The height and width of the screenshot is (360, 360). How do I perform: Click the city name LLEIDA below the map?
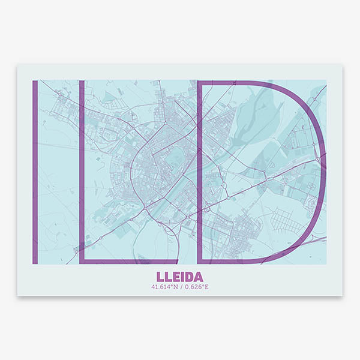click(x=179, y=277)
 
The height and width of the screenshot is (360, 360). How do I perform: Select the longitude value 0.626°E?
click(x=195, y=287)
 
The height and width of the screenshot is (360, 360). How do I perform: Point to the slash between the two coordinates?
click(x=180, y=287)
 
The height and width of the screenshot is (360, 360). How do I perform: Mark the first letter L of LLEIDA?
click(x=160, y=277)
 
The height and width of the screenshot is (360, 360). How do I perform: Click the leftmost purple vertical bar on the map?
click(x=35, y=171)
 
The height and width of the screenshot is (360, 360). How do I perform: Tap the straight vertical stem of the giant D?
click(x=200, y=171)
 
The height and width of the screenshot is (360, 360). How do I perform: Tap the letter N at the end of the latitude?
click(x=176, y=287)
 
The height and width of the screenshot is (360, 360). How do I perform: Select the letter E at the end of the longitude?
click(x=206, y=287)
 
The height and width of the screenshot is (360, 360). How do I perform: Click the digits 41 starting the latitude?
click(x=155, y=287)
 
